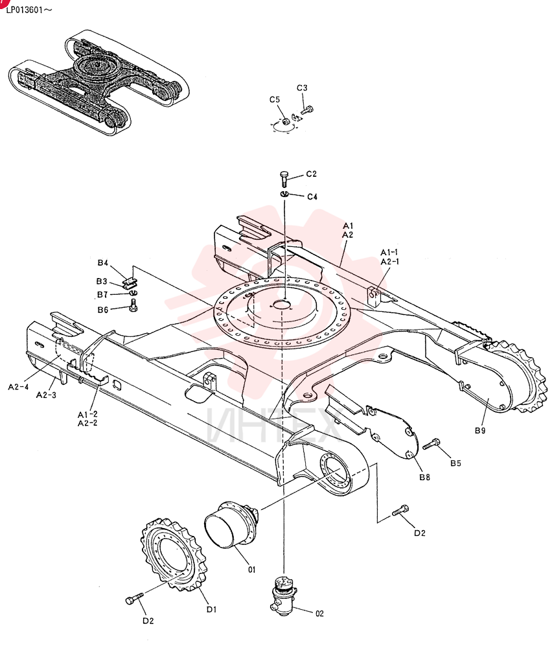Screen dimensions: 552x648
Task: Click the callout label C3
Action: tap(302, 88)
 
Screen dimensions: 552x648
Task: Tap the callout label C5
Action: tap(275, 100)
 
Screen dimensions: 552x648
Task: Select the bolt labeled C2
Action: tap(284, 179)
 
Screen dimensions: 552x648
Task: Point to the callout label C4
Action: tap(312, 197)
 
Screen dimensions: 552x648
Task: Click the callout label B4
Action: tap(103, 263)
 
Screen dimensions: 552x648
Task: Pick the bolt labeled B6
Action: tap(133, 306)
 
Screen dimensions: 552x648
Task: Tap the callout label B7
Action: tap(102, 295)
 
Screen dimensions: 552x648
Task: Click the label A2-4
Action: tap(19, 387)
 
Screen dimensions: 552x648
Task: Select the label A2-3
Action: tap(46, 395)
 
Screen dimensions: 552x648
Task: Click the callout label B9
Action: tap(480, 431)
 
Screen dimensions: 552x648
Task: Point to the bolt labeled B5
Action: tap(431, 445)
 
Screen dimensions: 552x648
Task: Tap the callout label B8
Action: tap(425, 478)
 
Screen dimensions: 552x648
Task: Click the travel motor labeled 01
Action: tap(231, 524)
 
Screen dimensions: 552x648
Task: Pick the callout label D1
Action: tap(211, 610)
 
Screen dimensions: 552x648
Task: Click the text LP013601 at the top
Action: tap(25, 10)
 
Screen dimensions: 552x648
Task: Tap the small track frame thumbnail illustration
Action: tap(98, 82)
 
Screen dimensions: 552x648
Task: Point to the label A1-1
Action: tap(389, 253)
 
